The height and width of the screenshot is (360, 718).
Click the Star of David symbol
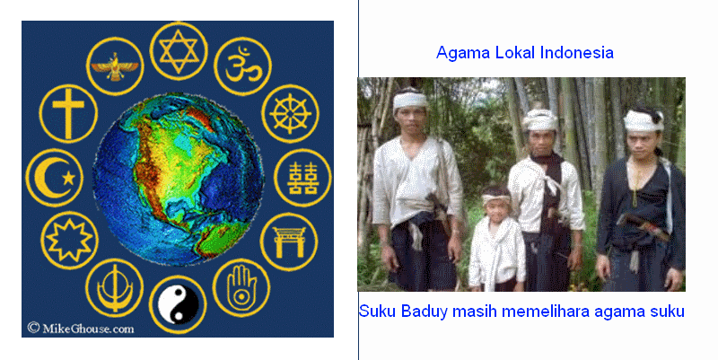click(179, 51)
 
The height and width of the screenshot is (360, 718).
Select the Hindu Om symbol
click(242, 66)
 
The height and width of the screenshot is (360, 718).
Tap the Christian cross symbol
click(68, 113)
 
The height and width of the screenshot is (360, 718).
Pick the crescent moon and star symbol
click(55, 178)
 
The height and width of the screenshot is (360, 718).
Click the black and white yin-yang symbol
click(178, 304)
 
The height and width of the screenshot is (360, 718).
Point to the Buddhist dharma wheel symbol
click(290, 114)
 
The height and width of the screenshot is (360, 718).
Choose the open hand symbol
click(241, 287)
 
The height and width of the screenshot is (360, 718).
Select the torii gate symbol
click(289, 241)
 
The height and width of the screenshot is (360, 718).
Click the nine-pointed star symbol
click(69, 240)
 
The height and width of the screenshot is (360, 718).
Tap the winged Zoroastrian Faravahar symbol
click(115, 66)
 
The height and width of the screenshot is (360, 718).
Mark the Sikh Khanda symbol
click(115, 288)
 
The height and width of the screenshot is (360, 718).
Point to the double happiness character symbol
click(302, 178)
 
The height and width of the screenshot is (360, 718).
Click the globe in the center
click(178, 179)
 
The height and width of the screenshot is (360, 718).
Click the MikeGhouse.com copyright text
click(81, 329)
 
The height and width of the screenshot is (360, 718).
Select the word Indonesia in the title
click(577, 53)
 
